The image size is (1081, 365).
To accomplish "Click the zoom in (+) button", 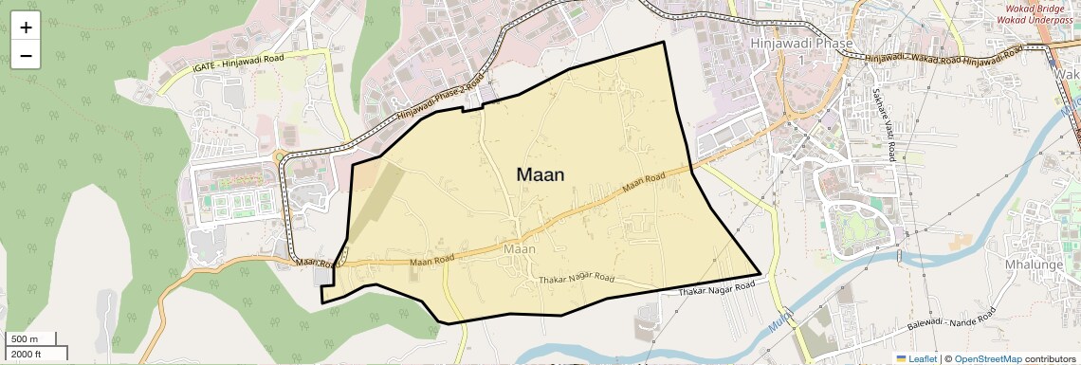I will coord(26,27).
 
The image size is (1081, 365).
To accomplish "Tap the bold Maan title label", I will coord(540,174).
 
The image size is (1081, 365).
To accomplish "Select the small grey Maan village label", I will coord(521,249).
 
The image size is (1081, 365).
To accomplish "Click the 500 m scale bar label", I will coord(25,339).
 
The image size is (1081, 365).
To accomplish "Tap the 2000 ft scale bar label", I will coord(27,355).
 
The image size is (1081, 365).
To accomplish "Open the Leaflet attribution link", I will coord(916,359).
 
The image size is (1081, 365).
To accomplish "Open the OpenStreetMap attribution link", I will coord(987,359).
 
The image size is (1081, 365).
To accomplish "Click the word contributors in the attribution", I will coord(1051,359).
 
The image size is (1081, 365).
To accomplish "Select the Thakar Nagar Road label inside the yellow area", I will coord(577,281).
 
